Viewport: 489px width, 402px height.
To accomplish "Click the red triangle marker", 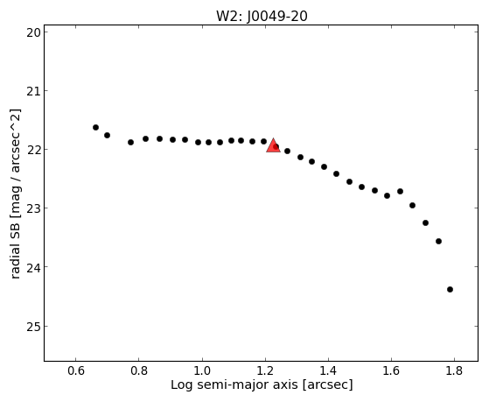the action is click(x=273, y=146).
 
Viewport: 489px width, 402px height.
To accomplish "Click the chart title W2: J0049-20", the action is click(x=262, y=17).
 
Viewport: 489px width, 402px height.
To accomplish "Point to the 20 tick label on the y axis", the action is click(x=33, y=32).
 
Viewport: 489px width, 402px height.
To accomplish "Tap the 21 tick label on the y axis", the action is click(x=33, y=91).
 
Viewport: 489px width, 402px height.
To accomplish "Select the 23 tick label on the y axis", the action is click(x=33, y=208).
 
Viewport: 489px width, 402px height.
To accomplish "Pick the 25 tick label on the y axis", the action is click(x=33, y=327).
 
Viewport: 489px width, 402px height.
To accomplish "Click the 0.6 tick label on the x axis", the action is click(x=76, y=370).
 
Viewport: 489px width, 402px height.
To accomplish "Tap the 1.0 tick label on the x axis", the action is click(x=202, y=370).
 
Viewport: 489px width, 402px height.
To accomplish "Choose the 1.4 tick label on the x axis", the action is click(x=328, y=370).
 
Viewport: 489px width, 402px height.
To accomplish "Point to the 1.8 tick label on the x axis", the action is click(x=454, y=370).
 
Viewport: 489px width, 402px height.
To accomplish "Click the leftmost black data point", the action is click(x=95, y=128).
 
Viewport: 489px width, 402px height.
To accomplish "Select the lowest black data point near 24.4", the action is click(x=450, y=290).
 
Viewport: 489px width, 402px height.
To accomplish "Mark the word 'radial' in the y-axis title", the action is click(x=15, y=262).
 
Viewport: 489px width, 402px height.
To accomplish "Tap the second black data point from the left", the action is click(x=107, y=135).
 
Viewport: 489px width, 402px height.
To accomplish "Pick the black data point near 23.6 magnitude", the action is click(x=438, y=241).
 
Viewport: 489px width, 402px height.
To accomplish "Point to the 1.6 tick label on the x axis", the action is click(x=391, y=370).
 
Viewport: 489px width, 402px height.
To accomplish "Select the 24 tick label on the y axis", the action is click(x=33, y=267).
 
